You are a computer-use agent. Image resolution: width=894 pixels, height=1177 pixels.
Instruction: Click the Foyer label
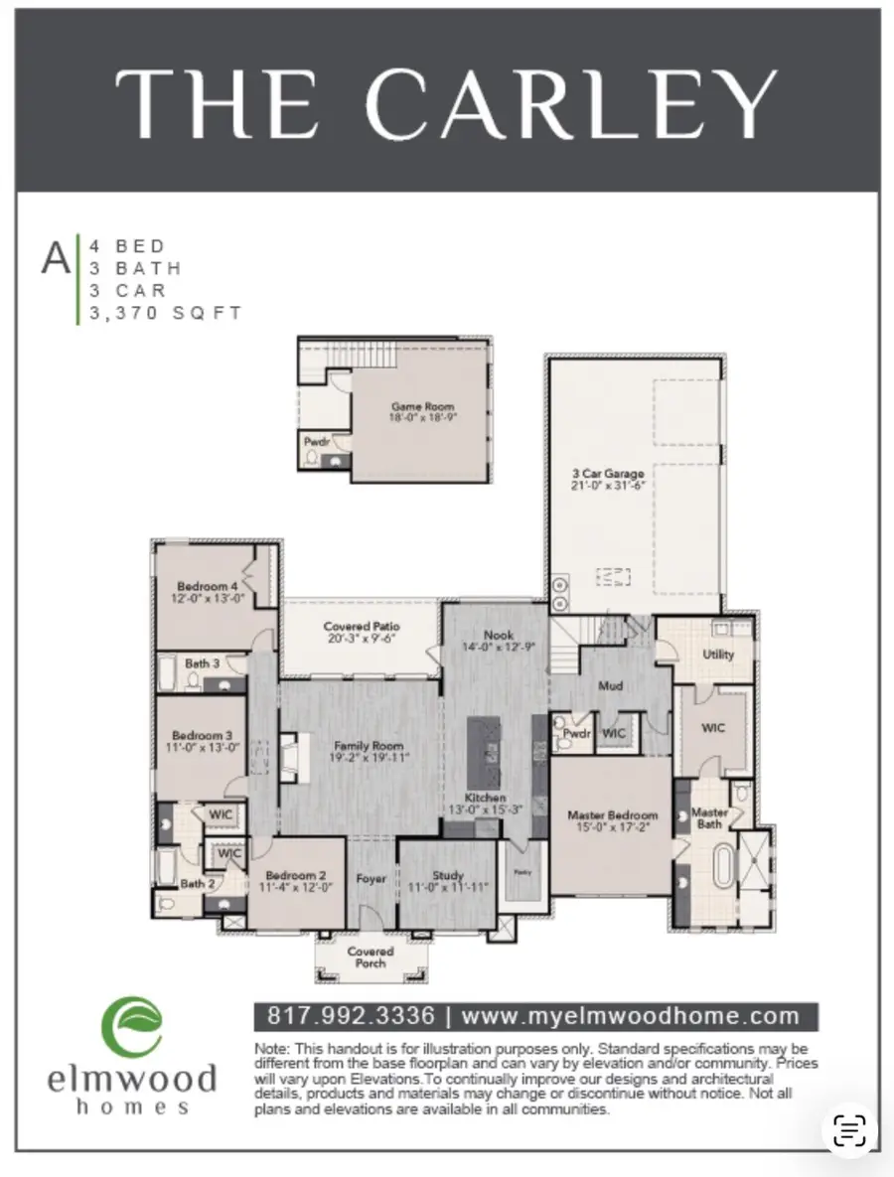[x=371, y=879]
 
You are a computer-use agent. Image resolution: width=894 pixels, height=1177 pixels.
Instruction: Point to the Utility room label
[x=717, y=655]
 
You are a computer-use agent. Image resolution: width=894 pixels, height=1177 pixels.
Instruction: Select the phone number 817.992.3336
[x=351, y=1016]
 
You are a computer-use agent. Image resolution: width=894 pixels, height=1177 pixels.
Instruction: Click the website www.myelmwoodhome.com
[x=631, y=1016]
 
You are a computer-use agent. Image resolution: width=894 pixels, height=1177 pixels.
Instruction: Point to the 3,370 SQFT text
[x=166, y=313]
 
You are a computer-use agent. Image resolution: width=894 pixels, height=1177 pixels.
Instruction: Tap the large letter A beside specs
[x=56, y=258]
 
